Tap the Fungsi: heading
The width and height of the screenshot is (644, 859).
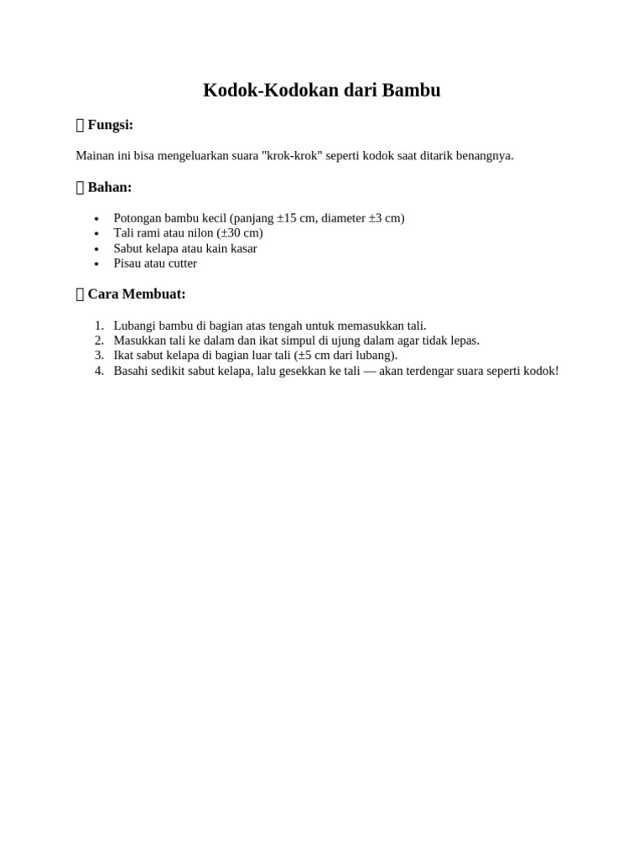[110, 125]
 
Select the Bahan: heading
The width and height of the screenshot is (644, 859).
[109, 187]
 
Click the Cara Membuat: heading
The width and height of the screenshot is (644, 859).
[136, 294]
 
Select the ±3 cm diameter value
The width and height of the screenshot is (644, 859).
[385, 218]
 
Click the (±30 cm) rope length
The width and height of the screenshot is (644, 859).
[239, 233]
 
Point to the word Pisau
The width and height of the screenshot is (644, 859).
[128, 263]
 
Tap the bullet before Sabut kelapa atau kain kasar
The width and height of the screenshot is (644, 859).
[97, 249]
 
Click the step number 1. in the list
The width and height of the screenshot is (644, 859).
[99, 325]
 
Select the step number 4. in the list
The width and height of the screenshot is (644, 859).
[99, 371]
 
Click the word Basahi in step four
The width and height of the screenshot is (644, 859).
[132, 371]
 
